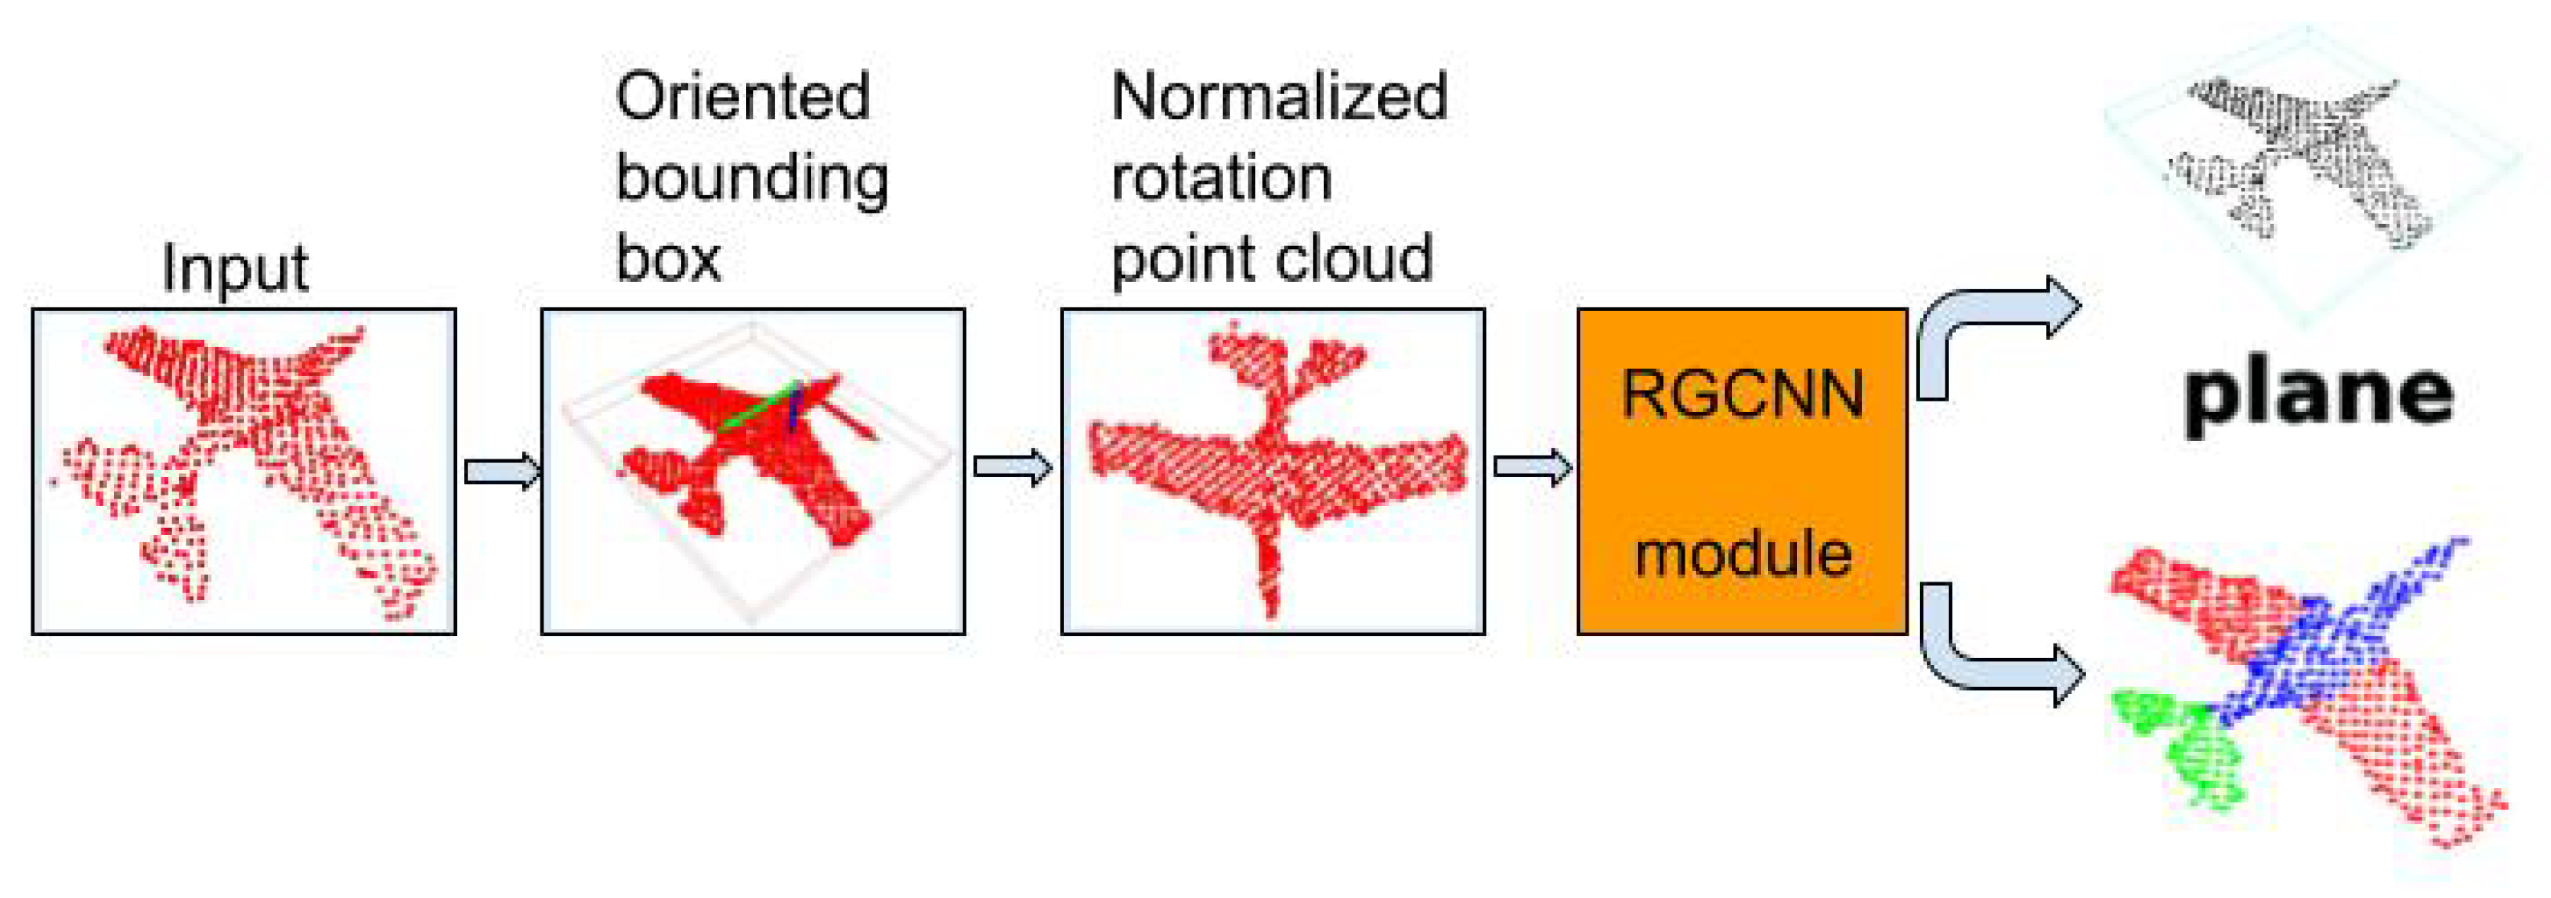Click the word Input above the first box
click(x=234, y=268)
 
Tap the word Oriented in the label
click(x=742, y=97)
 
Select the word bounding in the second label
click(x=752, y=179)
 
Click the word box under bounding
click(x=667, y=259)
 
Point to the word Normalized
click(x=1278, y=97)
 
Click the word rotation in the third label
click(x=1221, y=179)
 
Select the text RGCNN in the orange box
click(x=1742, y=394)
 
